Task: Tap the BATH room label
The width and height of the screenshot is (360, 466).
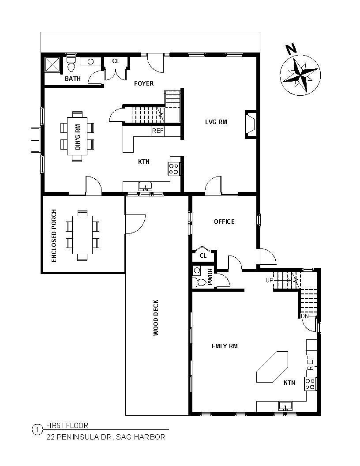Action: pos(73,79)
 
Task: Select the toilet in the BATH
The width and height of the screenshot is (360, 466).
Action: pos(71,65)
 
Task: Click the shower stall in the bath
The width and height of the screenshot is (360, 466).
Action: pos(53,65)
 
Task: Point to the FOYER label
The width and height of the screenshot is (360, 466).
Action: pos(144,83)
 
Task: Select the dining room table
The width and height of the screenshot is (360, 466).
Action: pos(77,135)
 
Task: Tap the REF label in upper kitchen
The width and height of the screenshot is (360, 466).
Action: pos(157,131)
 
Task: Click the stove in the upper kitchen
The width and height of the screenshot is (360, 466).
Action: pos(174,168)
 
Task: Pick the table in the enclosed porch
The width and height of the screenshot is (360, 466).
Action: pos(82,234)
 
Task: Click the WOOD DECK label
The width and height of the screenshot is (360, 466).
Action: pos(156,318)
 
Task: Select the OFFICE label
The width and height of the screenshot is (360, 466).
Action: pos(224,222)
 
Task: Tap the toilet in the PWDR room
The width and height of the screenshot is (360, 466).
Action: pos(200,282)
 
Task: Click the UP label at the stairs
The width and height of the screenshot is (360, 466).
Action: pos(269,280)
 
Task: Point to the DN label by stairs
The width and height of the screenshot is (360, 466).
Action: pos(304,316)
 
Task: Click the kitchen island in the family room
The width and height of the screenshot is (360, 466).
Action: pos(272,366)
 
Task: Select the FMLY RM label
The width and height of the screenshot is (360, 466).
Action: pos(225,346)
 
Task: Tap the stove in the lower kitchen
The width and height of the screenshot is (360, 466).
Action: pos(310,383)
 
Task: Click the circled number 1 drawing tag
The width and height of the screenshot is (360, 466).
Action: pos(37,429)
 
